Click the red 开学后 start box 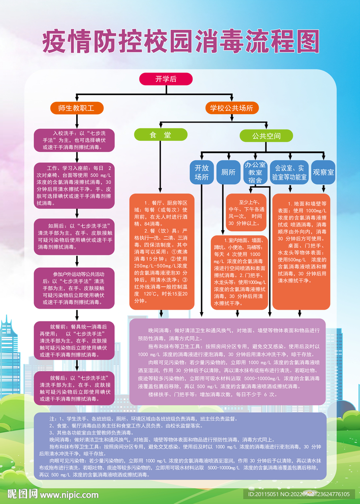point(166,78)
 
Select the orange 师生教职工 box point(76,108)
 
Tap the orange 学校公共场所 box point(231,108)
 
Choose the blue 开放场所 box point(202,172)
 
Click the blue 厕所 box point(228,172)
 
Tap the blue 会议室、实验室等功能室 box point(291,172)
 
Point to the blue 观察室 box point(323,172)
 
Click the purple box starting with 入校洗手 point(74,140)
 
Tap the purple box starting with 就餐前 point(74,340)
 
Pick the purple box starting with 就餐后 point(74,388)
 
